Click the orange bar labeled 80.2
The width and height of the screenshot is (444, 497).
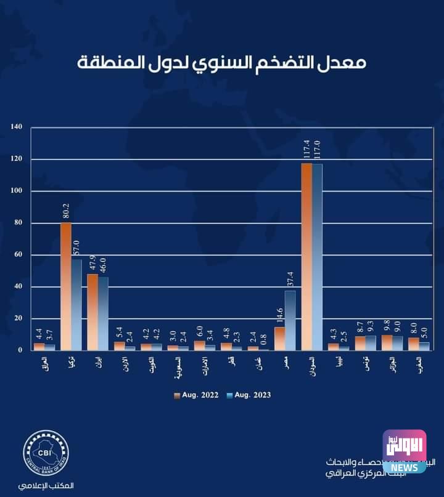[x=66, y=286]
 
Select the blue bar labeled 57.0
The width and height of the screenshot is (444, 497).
[x=76, y=305]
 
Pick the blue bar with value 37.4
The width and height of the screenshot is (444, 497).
[x=290, y=320]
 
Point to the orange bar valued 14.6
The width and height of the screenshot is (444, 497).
[x=279, y=338]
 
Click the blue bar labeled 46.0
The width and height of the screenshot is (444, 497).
[x=103, y=313]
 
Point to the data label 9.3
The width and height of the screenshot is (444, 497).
[x=371, y=326]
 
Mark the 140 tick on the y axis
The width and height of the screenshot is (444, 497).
[x=17, y=127]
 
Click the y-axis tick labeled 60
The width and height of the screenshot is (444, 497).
[x=18, y=254]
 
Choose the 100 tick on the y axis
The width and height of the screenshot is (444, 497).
[x=17, y=191]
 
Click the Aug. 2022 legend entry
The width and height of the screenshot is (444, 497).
[x=197, y=395]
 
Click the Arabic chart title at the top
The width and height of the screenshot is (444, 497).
[x=222, y=62]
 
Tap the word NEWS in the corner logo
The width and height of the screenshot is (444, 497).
[x=404, y=467]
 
